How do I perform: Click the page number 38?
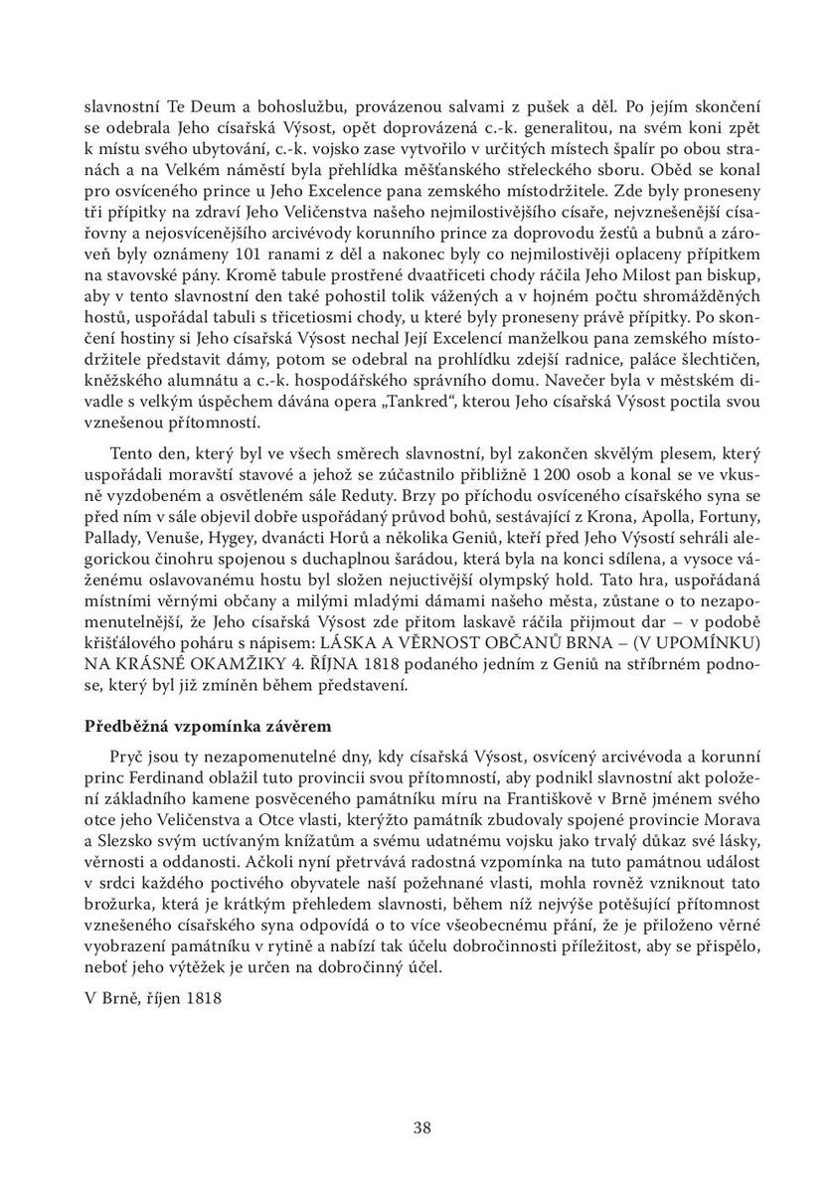click(421, 1126)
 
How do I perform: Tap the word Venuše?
click(183, 567)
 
